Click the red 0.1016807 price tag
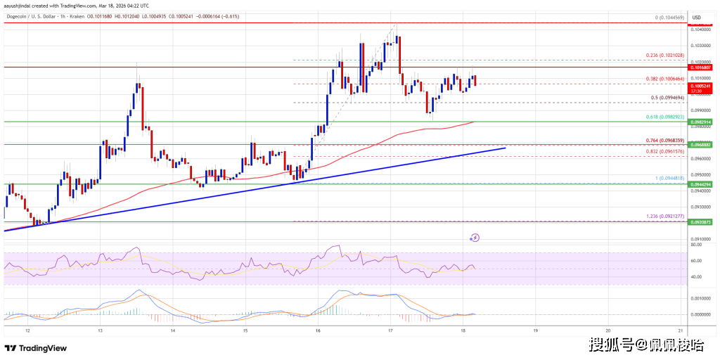(702, 67)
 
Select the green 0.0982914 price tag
(702, 122)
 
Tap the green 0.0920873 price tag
(702, 222)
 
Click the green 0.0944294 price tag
(702, 184)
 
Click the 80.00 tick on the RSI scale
(698, 245)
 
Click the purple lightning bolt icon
(475, 238)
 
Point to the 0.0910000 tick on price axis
(702, 239)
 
